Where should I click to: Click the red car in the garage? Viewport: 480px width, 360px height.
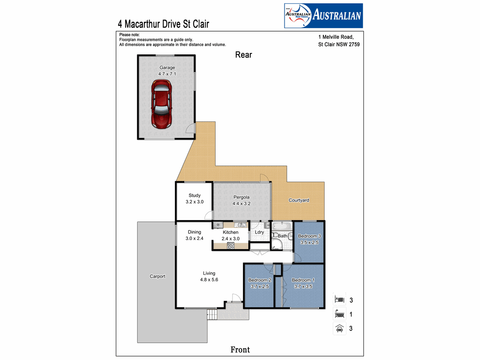click(161, 104)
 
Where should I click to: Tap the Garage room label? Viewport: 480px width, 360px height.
click(167, 68)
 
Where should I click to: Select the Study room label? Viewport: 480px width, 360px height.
click(194, 196)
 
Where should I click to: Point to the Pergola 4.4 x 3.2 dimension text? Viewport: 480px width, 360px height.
click(242, 204)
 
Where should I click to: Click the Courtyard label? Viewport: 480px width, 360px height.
click(299, 200)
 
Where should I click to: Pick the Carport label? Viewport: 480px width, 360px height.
click(158, 276)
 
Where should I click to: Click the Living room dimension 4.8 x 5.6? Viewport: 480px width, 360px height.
click(209, 280)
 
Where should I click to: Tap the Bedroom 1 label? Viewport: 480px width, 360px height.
click(303, 280)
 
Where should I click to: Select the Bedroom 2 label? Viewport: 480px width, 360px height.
click(260, 280)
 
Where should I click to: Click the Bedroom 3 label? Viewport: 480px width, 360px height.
click(309, 236)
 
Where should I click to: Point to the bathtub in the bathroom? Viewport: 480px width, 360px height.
click(282, 226)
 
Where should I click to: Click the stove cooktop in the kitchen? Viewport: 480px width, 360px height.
click(231, 246)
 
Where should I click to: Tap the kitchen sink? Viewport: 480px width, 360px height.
click(240, 225)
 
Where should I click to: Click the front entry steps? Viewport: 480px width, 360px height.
click(212, 314)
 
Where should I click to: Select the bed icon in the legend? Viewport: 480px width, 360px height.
click(339, 299)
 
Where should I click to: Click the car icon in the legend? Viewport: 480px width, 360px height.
click(339, 328)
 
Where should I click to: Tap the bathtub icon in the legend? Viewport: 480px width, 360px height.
click(339, 314)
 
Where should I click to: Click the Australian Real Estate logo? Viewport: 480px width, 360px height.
click(324, 16)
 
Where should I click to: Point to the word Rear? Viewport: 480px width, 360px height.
click(244, 55)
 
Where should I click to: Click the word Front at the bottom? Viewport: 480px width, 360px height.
click(240, 350)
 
